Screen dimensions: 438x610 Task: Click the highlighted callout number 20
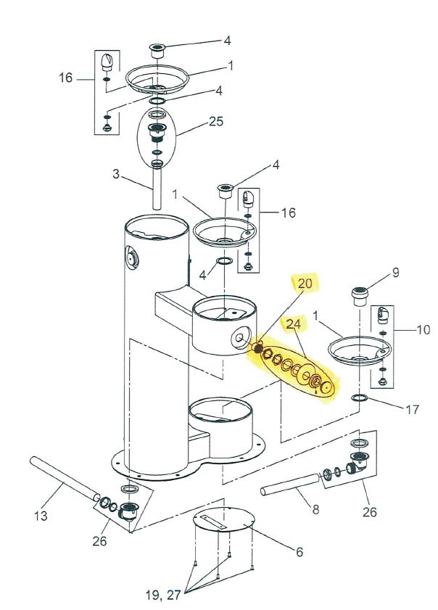click(x=305, y=283)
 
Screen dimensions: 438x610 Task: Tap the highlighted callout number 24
click(x=294, y=324)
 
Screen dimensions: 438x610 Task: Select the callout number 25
click(x=216, y=121)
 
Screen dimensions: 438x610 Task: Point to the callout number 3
click(x=116, y=174)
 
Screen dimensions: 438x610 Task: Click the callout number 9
click(x=396, y=273)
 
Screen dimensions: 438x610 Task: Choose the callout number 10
click(x=423, y=330)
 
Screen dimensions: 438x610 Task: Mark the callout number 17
click(x=413, y=410)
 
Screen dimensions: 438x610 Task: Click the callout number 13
click(x=41, y=516)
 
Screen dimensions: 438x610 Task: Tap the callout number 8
click(x=315, y=509)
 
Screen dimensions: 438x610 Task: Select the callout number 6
click(x=299, y=552)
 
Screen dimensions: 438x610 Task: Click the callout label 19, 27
click(x=163, y=595)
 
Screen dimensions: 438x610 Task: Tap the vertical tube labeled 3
click(x=157, y=189)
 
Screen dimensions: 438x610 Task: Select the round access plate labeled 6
click(x=224, y=521)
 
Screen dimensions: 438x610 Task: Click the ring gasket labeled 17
click(x=359, y=398)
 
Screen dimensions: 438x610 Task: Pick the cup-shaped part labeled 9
click(x=360, y=296)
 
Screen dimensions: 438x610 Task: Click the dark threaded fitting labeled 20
click(x=258, y=347)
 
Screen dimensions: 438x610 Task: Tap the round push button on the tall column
click(x=132, y=257)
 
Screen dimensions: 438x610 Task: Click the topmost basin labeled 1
click(x=157, y=79)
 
